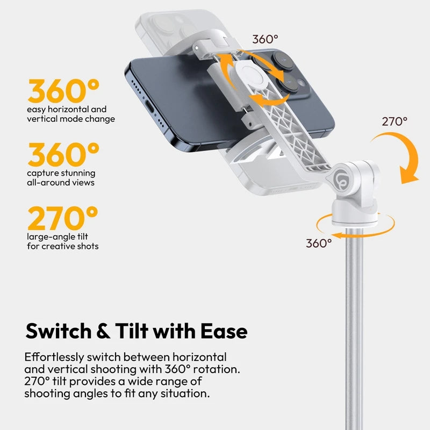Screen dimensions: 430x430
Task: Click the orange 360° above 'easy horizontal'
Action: (x=64, y=91)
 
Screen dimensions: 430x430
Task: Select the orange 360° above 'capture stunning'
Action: (x=64, y=155)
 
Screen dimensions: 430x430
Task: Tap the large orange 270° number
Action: (x=63, y=218)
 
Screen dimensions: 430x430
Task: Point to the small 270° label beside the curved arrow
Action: (x=395, y=121)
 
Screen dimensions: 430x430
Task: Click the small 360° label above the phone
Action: (x=266, y=39)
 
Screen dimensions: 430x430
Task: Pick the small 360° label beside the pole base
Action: (x=319, y=243)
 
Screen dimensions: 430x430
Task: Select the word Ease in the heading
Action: (x=223, y=331)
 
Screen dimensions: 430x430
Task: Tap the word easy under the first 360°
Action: (x=37, y=109)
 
